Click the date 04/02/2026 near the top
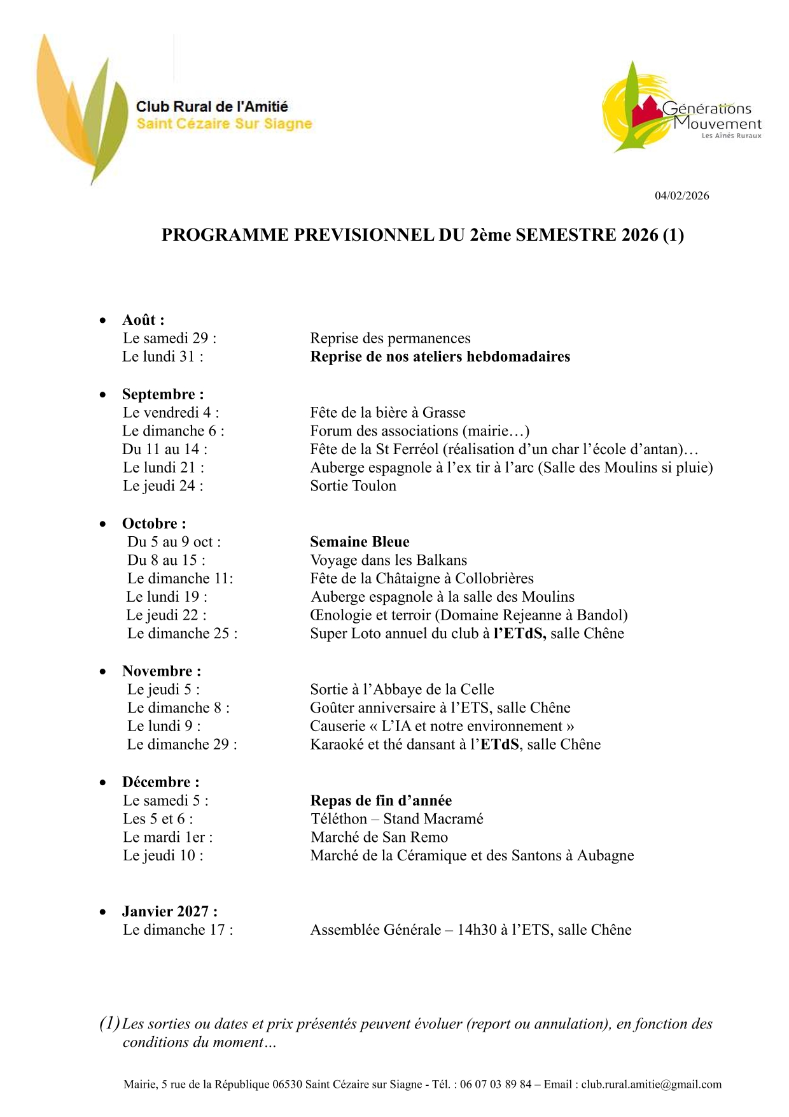point(681,196)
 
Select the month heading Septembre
point(162,394)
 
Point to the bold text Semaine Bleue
point(360,542)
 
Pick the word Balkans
point(441,560)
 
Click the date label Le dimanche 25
point(182,634)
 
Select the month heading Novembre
point(161,671)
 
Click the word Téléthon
point(339,819)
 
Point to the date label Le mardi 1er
point(167,837)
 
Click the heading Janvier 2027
point(169,912)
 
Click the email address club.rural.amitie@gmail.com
point(651,1085)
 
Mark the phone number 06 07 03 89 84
point(495,1085)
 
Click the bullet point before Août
point(103,320)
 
